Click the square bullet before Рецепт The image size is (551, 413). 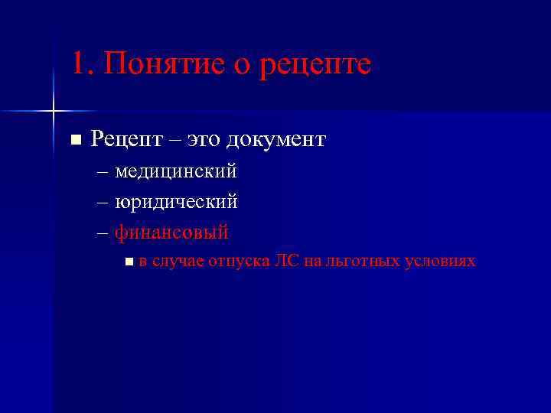click(x=75, y=139)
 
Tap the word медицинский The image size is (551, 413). click(x=176, y=172)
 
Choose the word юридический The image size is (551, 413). click(x=176, y=203)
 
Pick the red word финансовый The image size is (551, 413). click(x=171, y=232)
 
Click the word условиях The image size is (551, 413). click(x=442, y=262)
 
